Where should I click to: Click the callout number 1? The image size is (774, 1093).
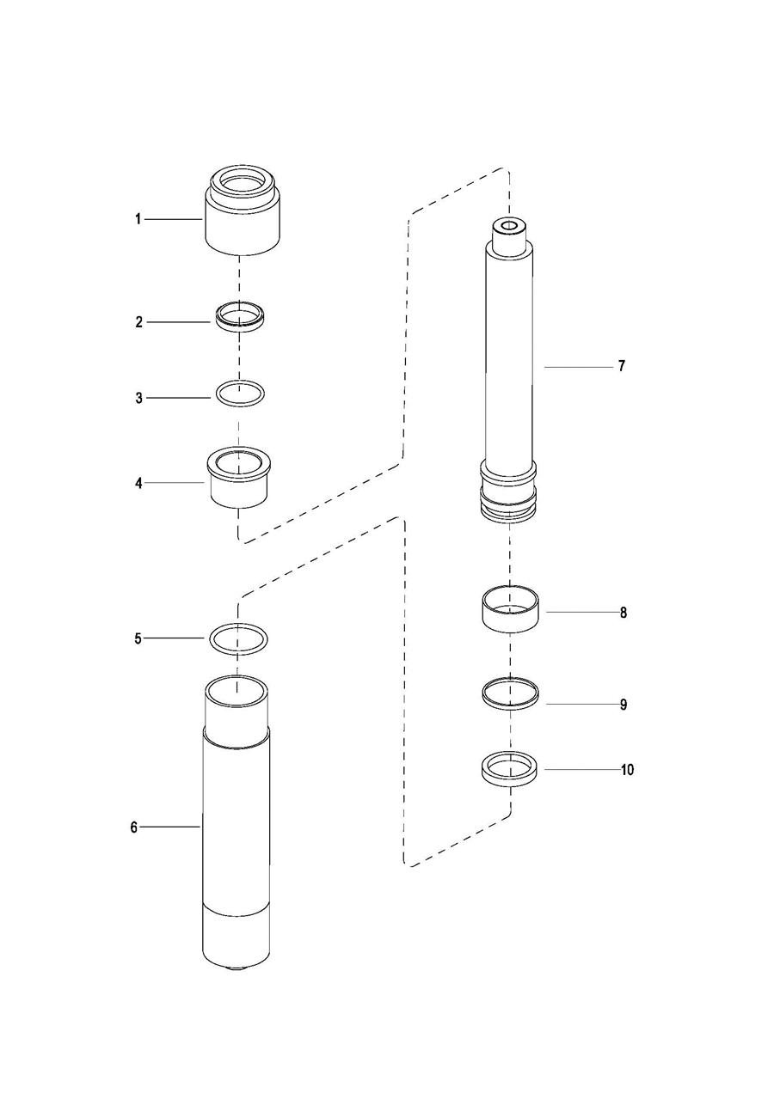click(x=138, y=219)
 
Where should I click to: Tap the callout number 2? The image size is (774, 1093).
click(x=138, y=322)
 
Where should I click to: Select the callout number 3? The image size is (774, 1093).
click(x=138, y=398)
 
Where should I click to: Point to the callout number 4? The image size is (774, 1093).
click(x=138, y=483)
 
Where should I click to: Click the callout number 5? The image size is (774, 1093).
click(x=138, y=638)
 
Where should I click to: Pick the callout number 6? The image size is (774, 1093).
click(x=134, y=827)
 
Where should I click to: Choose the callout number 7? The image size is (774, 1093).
click(x=621, y=366)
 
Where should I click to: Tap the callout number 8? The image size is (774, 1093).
click(x=623, y=613)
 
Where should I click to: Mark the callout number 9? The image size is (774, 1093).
click(x=623, y=705)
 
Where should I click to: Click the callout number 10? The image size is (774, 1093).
click(x=627, y=770)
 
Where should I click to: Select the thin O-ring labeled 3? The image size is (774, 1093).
click(x=239, y=394)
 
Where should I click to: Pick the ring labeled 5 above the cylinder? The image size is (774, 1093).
click(x=238, y=638)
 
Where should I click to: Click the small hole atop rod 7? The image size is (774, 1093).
click(x=507, y=227)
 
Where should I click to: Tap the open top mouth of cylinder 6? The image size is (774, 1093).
click(x=237, y=688)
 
